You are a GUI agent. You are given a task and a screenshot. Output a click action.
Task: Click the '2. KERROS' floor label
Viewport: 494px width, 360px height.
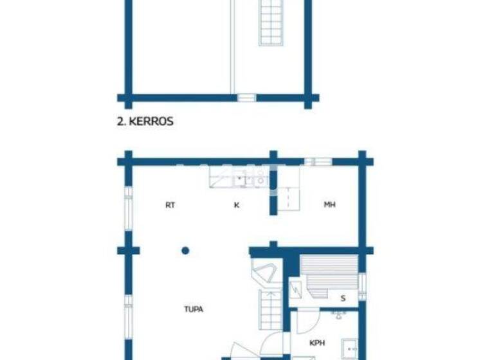[x=145, y=121]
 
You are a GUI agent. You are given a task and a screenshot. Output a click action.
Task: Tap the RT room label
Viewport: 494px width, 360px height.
[x=170, y=205]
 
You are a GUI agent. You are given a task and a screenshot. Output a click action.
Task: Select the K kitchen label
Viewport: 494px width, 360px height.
[x=236, y=205]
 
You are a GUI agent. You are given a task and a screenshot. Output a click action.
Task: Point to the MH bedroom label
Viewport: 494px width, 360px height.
[x=329, y=205]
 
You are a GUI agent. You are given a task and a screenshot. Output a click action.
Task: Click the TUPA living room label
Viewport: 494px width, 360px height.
[x=194, y=309]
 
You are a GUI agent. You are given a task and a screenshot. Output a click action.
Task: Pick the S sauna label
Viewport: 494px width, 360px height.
[x=343, y=298]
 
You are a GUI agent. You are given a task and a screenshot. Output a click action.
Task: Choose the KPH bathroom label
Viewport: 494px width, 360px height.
[x=316, y=343]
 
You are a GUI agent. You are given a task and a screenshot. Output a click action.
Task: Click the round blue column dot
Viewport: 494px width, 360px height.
[x=185, y=250]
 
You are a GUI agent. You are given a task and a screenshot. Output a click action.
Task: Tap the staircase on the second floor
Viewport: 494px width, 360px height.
[x=271, y=22]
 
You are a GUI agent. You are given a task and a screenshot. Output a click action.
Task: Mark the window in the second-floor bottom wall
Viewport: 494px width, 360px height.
[x=246, y=98]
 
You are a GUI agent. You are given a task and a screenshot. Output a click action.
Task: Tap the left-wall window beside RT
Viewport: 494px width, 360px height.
[x=128, y=206]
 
